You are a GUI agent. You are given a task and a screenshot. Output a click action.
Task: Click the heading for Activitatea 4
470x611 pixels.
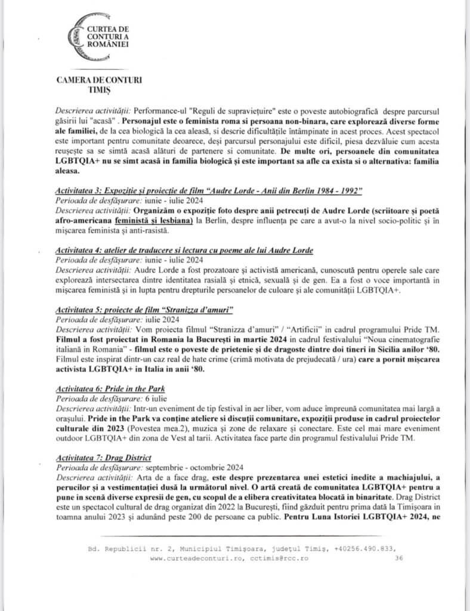point(184,248)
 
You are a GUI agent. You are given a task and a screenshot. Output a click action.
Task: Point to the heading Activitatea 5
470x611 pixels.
point(144,311)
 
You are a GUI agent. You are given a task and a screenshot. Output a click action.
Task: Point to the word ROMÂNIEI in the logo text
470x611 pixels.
point(108,45)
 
